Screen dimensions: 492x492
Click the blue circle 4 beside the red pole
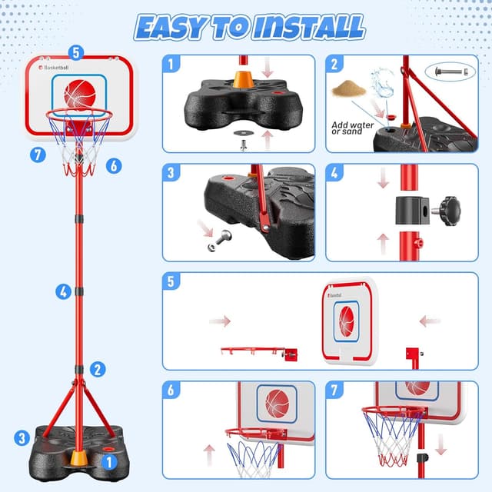63,291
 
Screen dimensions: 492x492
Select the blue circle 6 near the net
113,165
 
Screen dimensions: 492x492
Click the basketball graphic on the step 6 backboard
277,402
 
